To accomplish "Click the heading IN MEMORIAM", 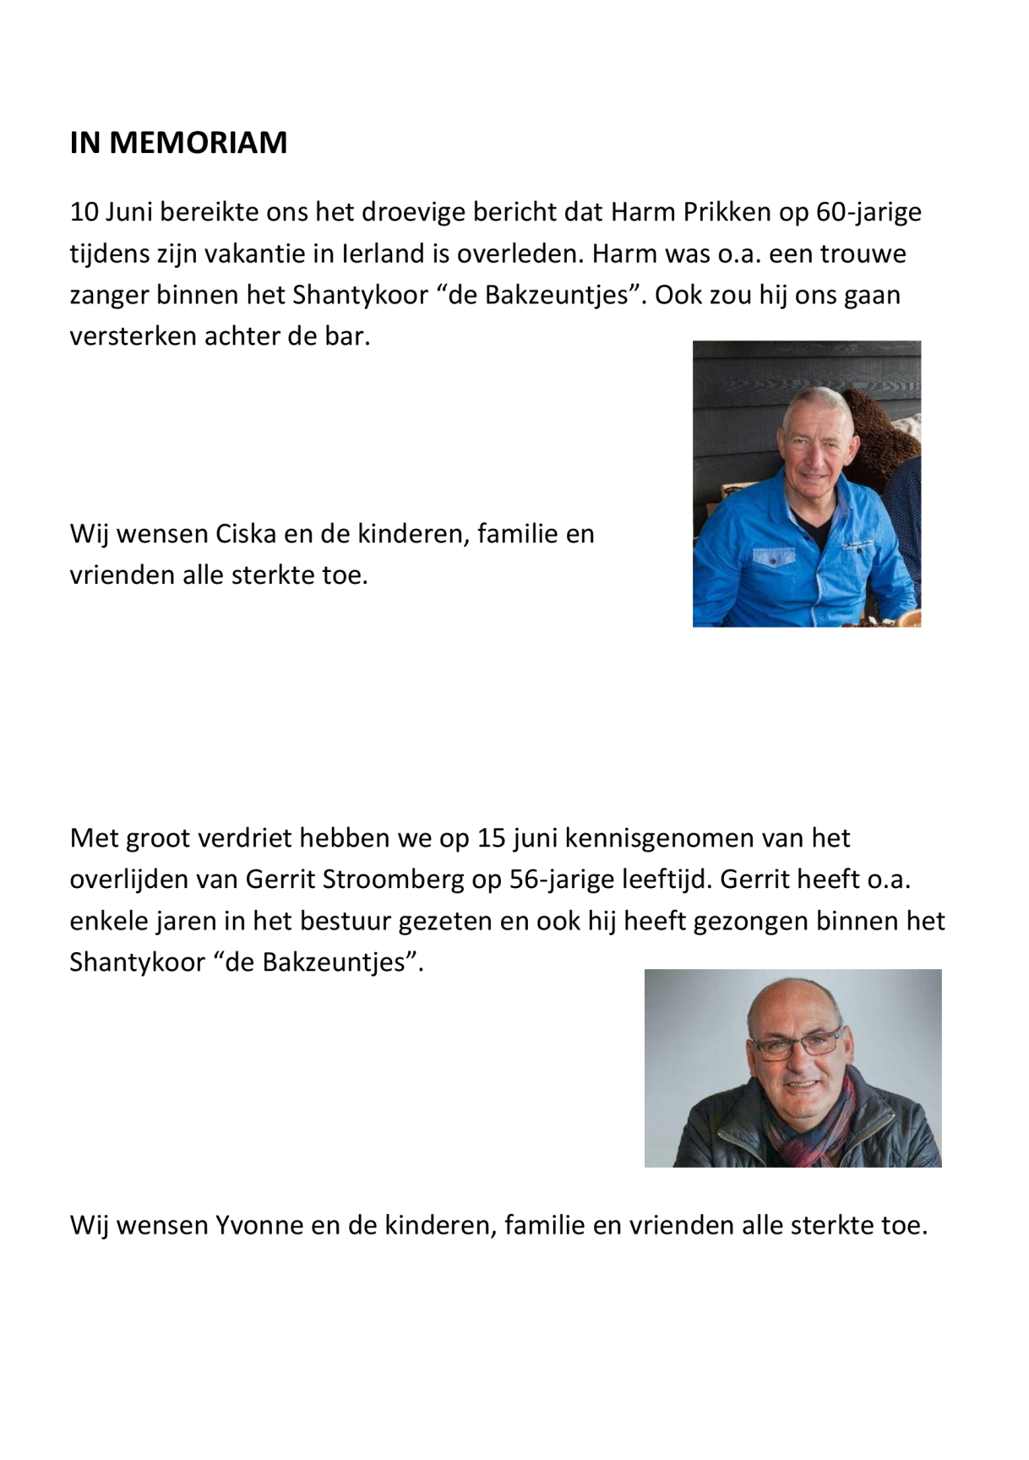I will tap(178, 143).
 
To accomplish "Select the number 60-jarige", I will tap(868, 212).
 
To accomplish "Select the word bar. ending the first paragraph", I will tap(347, 336).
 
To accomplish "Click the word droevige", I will tap(413, 212).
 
